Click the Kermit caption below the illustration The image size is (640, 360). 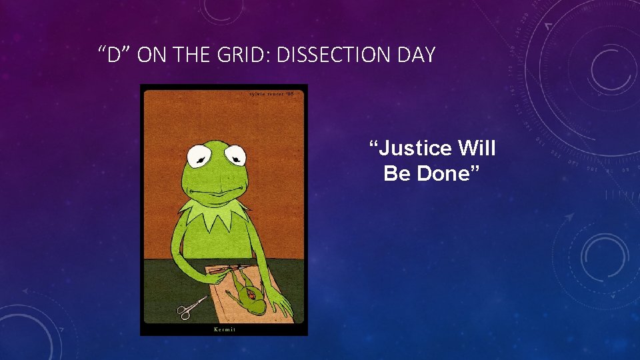coord(223,329)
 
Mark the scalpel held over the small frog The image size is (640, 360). coord(220,270)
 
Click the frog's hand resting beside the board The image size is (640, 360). coord(281,306)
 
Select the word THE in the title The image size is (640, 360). coord(193,55)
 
